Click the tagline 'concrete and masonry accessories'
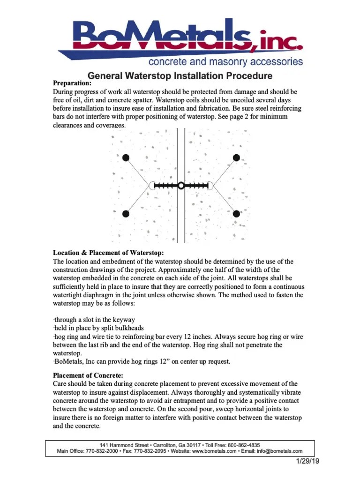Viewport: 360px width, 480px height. tap(225, 62)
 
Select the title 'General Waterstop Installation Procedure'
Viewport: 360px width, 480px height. tap(180, 75)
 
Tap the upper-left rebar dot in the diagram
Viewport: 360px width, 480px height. tap(126, 157)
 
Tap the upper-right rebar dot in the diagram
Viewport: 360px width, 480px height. tap(237, 157)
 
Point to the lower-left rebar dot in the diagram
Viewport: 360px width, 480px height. tap(126, 214)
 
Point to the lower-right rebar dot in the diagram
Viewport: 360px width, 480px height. tap(237, 214)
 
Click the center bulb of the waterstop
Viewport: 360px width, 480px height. tap(181, 186)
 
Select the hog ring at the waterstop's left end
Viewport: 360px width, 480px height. tap(152, 186)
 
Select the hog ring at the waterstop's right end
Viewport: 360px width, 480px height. tap(210, 186)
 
